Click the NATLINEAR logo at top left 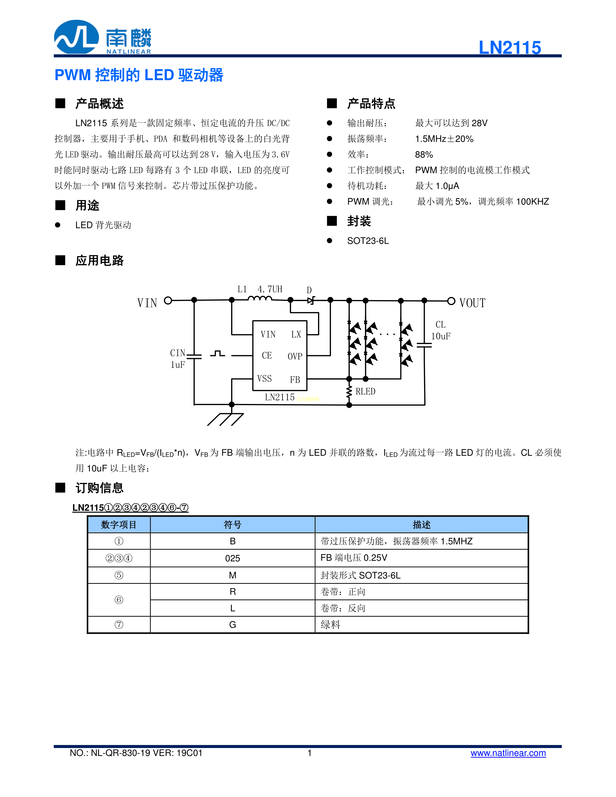(x=102, y=37)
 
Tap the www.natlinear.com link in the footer (x=508, y=753)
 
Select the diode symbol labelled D (x=311, y=300)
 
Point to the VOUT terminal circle (x=451, y=301)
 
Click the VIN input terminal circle (x=168, y=300)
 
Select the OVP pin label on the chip (x=295, y=356)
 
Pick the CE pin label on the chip (x=267, y=355)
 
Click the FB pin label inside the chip (x=295, y=380)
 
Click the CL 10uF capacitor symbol (x=425, y=345)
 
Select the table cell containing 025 (x=233, y=558)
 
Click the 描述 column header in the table (x=422, y=525)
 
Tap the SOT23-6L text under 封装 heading (x=368, y=241)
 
